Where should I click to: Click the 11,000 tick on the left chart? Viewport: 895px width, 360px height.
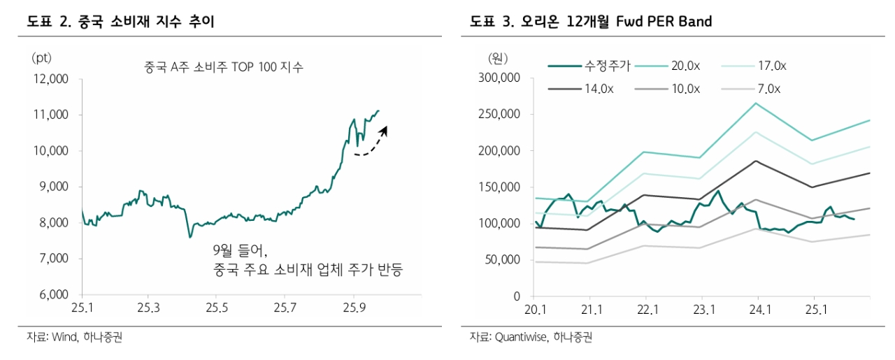51,115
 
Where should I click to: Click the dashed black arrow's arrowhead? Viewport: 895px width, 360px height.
385,129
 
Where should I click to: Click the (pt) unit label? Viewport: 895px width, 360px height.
41,57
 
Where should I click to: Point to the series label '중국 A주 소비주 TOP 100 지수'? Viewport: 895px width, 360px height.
224,67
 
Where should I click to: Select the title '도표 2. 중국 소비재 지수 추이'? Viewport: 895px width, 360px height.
120,22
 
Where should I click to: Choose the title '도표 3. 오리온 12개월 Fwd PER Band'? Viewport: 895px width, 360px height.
591,22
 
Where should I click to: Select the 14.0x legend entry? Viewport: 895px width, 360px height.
599,89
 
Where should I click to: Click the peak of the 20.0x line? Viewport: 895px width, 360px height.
757,103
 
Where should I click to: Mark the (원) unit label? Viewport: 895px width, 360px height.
497,57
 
